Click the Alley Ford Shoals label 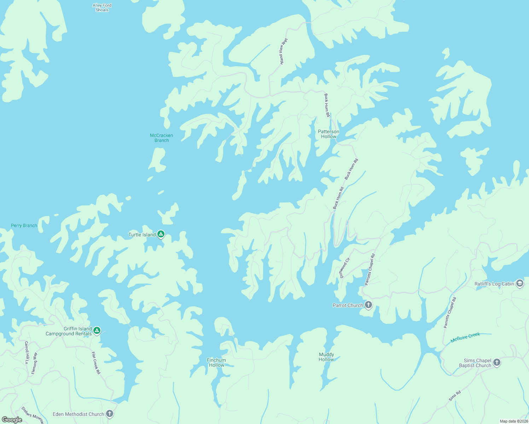coord(102,8)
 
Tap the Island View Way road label coord(284,51)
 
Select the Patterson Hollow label coord(329,134)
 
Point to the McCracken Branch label coord(162,138)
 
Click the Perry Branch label coord(24,225)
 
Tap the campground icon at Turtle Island coord(161,234)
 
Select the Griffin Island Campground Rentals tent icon coord(97,331)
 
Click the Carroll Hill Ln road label coord(27,353)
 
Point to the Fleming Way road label coord(34,363)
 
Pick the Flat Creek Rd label coord(96,363)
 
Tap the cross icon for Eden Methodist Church coord(110,414)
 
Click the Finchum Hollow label coord(216,363)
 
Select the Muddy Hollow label coord(326,357)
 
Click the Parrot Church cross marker coord(368,305)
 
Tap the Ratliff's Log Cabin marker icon coord(519,283)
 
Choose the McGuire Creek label coord(465,337)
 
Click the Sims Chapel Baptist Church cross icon coord(497,363)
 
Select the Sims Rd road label coord(455,396)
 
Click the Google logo coord(12,419)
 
